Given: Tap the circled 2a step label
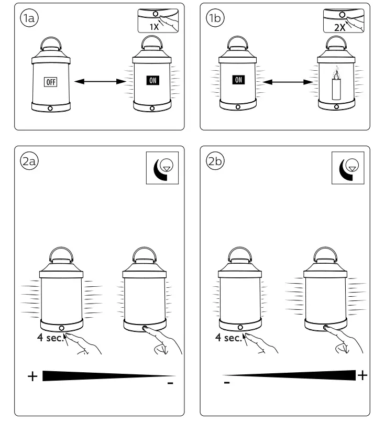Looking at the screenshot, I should click(28, 161).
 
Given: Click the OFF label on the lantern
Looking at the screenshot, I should click(50, 81).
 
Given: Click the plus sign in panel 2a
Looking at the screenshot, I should click(32, 376).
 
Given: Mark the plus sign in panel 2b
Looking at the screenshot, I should click(362, 375).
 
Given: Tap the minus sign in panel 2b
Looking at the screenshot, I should click(226, 383).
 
